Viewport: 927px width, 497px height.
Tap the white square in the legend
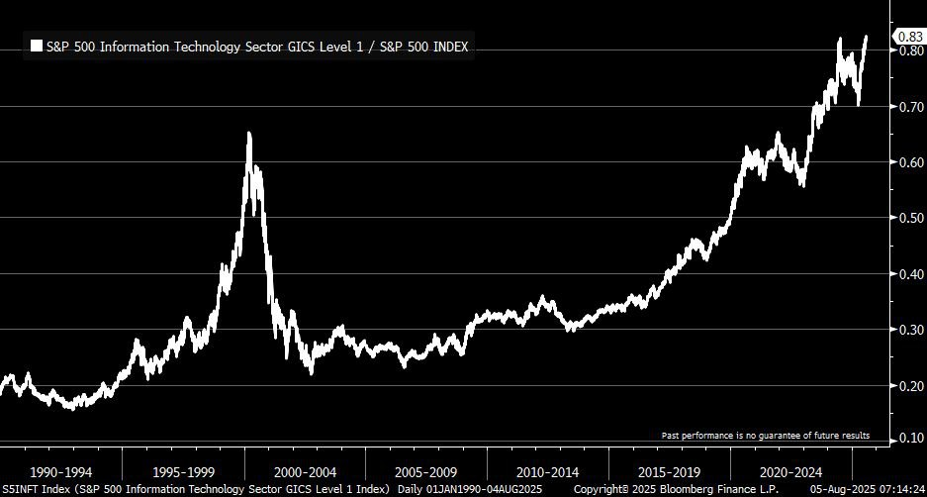[37, 46]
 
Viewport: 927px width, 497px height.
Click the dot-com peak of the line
[248, 134]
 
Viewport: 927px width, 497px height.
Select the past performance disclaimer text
[766, 436]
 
